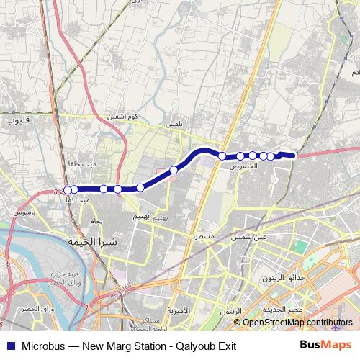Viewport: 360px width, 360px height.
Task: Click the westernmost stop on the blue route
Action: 68,190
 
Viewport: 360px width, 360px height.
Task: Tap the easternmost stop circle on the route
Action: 270,156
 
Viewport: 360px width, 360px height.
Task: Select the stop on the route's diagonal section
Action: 174,170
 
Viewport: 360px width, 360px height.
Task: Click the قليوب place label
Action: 16,120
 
